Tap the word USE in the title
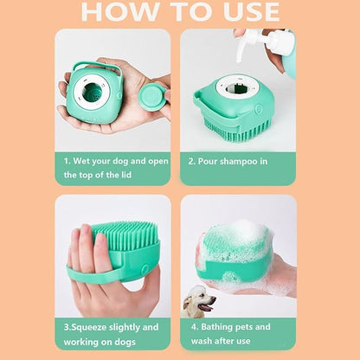242,12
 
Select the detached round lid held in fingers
153,94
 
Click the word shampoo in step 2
241,160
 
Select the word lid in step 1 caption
130,174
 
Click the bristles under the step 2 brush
238,130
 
